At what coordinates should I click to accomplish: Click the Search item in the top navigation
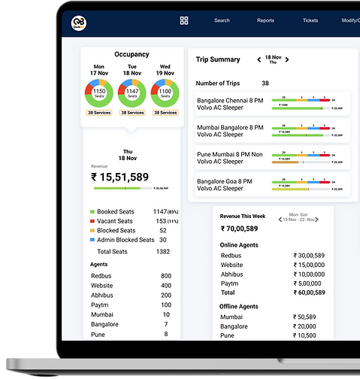pyautogui.click(x=222, y=20)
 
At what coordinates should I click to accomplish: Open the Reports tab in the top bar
pyautogui.click(x=265, y=20)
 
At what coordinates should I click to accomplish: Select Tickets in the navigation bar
pyautogui.click(x=310, y=20)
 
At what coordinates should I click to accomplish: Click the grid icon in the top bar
pyautogui.click(x=184, y=20)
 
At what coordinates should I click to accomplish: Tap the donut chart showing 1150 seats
pyautogui.click(x=98, y=94)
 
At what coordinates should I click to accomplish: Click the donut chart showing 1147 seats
pyautogui.click(x=132, y=94)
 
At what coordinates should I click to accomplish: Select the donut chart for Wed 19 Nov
pyautogui.click(x=165, y=94)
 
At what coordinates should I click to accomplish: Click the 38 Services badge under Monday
pyautogui.click(x=98, y=113)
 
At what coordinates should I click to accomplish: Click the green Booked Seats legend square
pyautogui.click(x=92, y=212)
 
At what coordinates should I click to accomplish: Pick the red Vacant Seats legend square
pyautogui.click(x=92, y=222)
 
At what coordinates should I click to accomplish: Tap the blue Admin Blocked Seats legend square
pyautogui.click(x=92, y=240)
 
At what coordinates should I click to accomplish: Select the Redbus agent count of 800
pyautogui.click(x=165, y=276)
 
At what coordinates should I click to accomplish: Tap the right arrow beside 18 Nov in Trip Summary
pyautogui.click(x=287, y=59)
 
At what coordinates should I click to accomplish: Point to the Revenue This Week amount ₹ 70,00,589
pyautogui.click(x=239, y=228)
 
